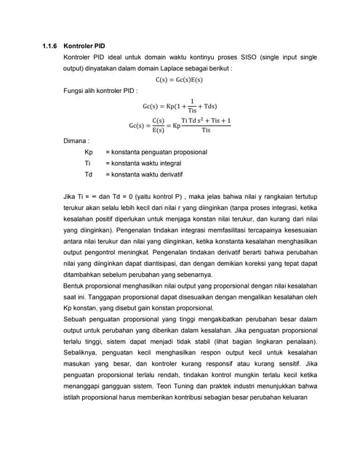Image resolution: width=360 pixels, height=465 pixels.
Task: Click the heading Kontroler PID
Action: click(89, 45)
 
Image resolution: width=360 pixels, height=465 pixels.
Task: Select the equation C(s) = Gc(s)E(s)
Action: click(180, 80)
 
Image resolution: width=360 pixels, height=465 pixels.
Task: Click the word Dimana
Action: click(76, 141)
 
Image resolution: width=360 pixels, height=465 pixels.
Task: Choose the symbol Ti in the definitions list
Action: click(87, 163)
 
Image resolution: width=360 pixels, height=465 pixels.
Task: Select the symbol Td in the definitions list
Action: click(88, 175)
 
